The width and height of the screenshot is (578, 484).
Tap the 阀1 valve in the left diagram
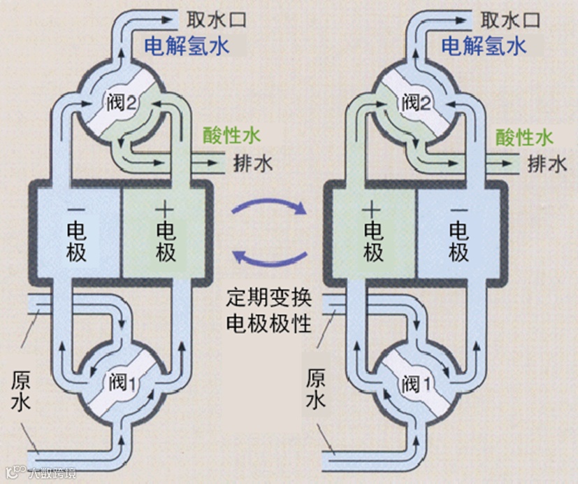(120, 382)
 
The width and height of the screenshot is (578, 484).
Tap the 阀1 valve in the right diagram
(417, 382)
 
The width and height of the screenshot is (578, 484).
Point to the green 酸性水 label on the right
(523, 136)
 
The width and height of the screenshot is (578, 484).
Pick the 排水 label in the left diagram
(253, 164)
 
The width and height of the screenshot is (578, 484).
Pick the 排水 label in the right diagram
(547, 164)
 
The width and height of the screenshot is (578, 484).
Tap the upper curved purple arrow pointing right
(270, 206)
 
